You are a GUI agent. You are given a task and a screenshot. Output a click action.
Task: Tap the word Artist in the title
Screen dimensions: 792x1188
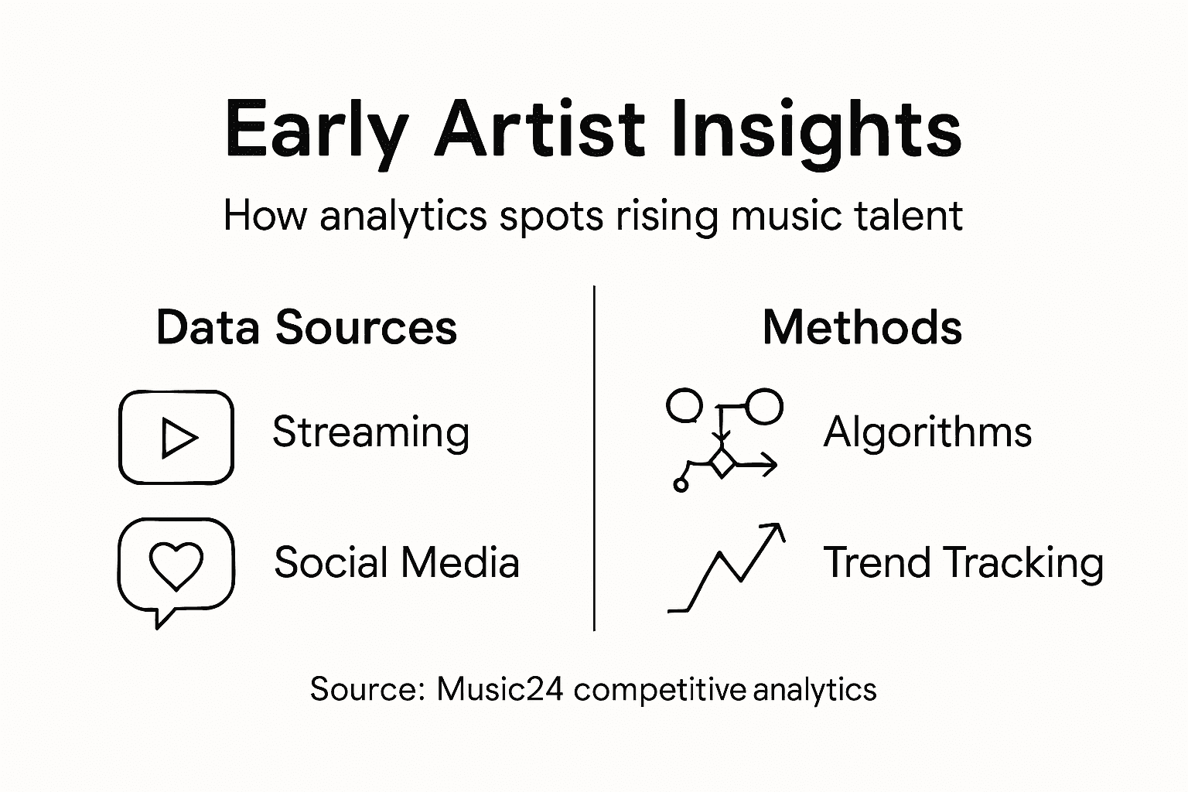click(538, 128)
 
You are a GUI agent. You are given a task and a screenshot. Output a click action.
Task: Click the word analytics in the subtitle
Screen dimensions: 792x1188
click(403, 217)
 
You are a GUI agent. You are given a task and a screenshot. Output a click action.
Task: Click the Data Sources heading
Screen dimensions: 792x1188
click(306, 328)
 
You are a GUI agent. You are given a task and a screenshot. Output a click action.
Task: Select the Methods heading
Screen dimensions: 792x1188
click(862, 328)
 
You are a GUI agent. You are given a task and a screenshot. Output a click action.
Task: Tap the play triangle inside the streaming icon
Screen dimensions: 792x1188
click(178, 439)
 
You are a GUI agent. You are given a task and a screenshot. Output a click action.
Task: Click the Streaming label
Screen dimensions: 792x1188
click(370, 432)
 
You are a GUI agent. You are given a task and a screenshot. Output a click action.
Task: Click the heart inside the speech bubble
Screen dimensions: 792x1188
click(176, 565)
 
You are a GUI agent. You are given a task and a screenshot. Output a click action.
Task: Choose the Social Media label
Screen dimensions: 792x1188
click(396, 562)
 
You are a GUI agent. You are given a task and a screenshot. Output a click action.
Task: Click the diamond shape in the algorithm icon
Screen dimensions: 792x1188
click(722, 464)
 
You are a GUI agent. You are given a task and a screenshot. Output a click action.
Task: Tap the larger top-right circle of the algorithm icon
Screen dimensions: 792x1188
click(763, 406)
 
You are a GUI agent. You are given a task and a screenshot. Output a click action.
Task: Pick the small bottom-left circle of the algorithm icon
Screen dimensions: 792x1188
click(681, 485)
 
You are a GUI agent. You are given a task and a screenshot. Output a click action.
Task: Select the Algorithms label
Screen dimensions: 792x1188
click(927, 432)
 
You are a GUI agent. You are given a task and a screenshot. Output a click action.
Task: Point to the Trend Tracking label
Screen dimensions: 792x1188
click(962, 563)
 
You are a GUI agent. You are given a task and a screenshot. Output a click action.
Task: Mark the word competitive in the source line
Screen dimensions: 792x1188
click(659, 689)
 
